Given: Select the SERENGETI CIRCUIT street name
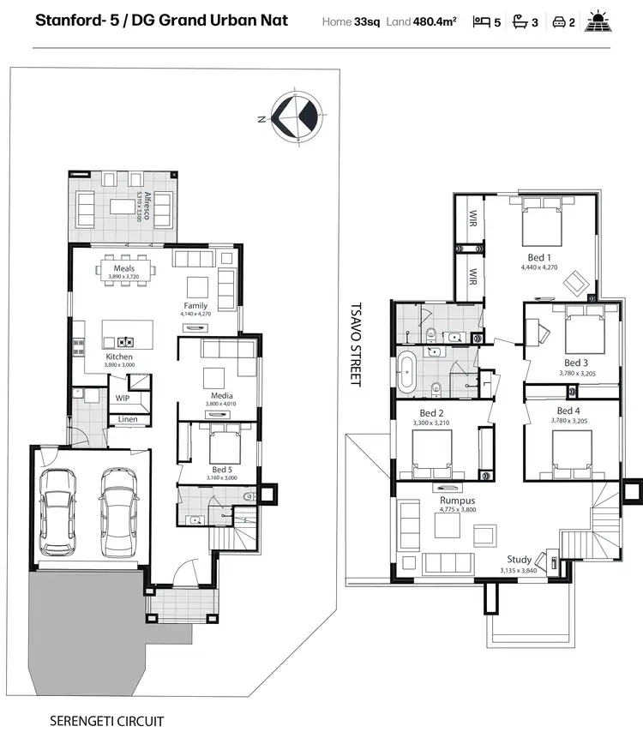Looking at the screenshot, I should (x=106, y=721).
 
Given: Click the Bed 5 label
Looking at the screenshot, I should (x=220, y=469).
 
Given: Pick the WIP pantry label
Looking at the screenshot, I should (x=123, y=398).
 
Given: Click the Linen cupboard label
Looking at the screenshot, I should (x=127, y=419).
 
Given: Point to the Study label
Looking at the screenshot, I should (x=519, y=560).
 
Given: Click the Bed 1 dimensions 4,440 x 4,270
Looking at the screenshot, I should (x=539, y=267).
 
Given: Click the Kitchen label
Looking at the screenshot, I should (x=119, y=357).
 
